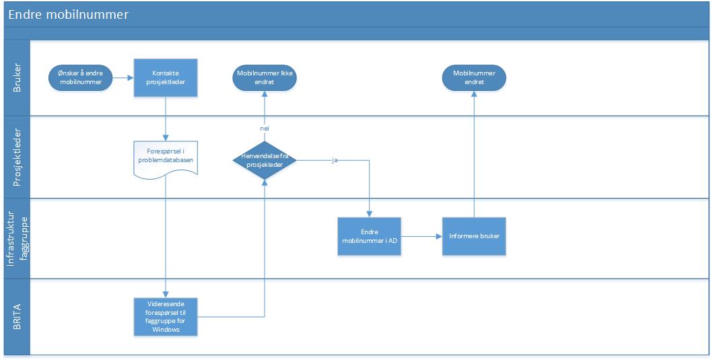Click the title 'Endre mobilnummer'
[x=69, y=15]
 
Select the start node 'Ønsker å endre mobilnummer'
[x=81, y=78]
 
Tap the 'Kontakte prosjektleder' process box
[x=166, y=78]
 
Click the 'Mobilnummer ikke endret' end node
[x=265, y=78]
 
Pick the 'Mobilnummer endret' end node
[x=474, y=78]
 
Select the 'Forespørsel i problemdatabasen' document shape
[x=166, y=159]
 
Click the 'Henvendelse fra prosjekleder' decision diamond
[x=265, y=160]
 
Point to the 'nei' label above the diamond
[x=265, y=129]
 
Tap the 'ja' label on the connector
[x=335, y=160]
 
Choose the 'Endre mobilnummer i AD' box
[x=369, y=236]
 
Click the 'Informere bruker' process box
[x=474, y=236]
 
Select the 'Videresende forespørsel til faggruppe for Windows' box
[x=166, y=317]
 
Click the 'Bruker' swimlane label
[x=18, y=78]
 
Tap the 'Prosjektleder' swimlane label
[x=18, y=157]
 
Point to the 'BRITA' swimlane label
[x=18, y=316]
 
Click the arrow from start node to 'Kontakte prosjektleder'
[x=123, y=78]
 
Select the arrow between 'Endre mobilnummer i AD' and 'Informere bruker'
[x=422, y=236]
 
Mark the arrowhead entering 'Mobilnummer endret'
[x=474, y=94]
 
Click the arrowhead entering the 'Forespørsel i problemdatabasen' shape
[x=166, y=138]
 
